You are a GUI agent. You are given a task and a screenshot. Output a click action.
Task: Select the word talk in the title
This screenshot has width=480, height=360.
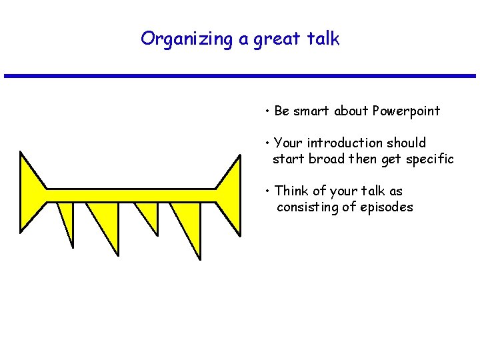[324, 39]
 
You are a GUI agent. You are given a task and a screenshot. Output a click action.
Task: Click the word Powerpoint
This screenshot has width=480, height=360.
[406, 111]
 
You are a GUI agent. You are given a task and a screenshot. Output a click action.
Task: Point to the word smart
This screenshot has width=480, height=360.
[311, 111]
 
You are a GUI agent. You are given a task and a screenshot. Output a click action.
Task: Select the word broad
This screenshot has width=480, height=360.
[328, 159]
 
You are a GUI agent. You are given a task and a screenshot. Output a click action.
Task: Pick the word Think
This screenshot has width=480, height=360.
[291, 191]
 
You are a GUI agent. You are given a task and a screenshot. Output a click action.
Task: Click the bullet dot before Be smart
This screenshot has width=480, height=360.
[266, 111]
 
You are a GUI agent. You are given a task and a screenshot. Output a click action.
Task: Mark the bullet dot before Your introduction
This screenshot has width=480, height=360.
[266, 143]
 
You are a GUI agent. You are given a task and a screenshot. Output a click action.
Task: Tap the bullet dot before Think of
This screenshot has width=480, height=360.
[266, 191]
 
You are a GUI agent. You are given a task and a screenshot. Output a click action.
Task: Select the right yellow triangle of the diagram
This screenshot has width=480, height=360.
[231, 193]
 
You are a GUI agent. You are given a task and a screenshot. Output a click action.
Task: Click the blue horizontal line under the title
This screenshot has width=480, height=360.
[240, 76]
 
